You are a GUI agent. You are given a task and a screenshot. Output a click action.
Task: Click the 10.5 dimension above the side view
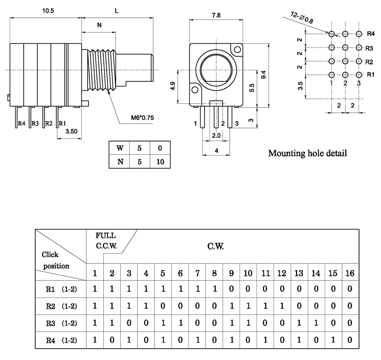tap(47, 11)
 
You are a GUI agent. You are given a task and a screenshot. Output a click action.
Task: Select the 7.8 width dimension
tap(215, 15)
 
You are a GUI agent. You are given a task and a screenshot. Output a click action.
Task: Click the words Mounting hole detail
tap(307, 153)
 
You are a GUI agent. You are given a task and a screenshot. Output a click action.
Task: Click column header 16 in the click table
tap(350, 273)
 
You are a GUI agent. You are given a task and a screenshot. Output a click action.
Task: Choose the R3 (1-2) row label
tap(61, 323)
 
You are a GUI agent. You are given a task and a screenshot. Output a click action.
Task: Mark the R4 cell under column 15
tap(333, 339)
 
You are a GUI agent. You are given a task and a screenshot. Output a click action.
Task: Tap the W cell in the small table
tap(120, 148)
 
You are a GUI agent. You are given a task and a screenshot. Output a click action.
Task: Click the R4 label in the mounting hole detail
tap(370, 33)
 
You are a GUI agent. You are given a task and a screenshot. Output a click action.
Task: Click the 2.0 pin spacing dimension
tap(216, 135)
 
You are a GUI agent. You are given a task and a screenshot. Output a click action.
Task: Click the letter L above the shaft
tap(117, 11)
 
